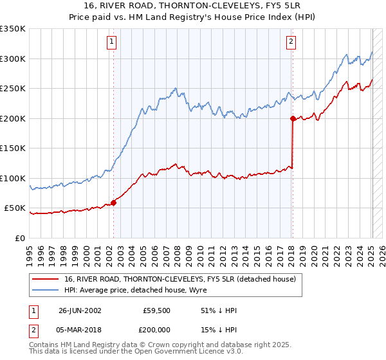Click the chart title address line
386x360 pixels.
(192, 6)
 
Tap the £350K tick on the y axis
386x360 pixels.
(13, 29)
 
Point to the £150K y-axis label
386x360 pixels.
(13, 148)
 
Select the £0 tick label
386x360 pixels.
(21, 238)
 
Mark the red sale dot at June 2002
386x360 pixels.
(114, 203)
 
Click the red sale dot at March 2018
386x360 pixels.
(293, 118)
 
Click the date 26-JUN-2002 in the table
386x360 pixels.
(80, 310)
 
